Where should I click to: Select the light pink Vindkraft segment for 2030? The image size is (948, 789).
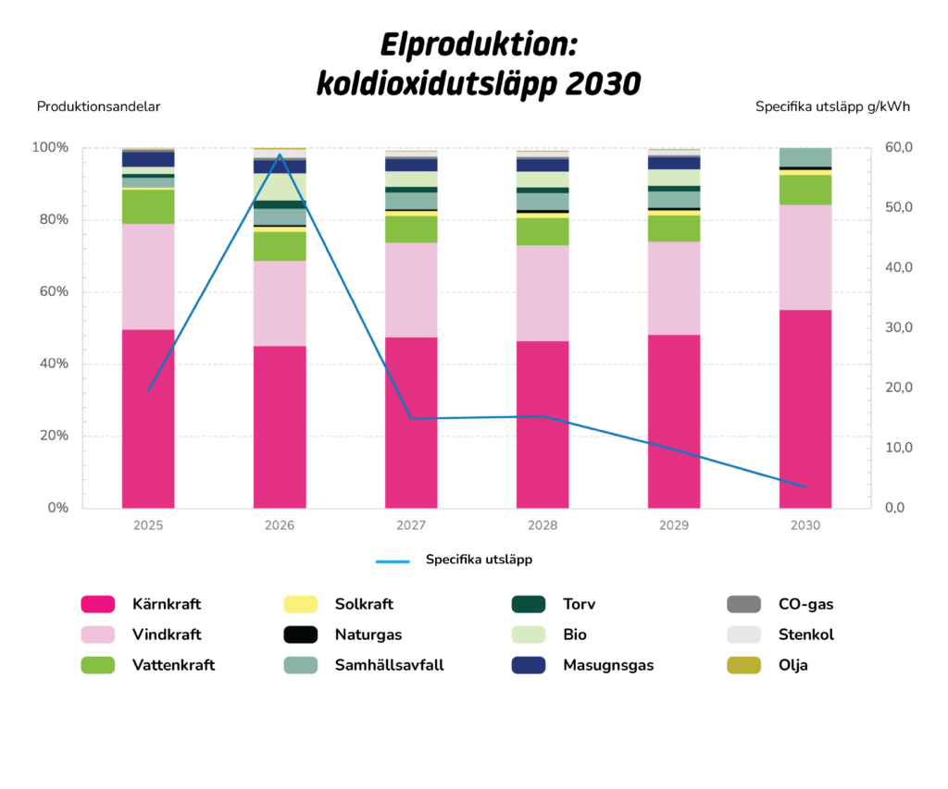click(x=805, y=257)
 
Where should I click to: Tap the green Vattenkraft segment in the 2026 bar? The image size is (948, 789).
click(x=280, y=246)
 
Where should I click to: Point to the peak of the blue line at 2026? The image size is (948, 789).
click(x=280, y=154)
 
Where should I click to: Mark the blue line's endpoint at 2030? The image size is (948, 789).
click(x=805, y=487)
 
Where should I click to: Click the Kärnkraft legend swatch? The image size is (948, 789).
click(x=97, y=604)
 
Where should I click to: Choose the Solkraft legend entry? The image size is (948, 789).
click(x=363, y=604)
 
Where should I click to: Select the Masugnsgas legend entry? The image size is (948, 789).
click(x=607, y=665)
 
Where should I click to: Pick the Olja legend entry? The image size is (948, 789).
click(x=792, y=665)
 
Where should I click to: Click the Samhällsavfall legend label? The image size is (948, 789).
click(x=389, y=665)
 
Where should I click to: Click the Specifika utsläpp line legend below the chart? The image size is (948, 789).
click(x=454, y=560)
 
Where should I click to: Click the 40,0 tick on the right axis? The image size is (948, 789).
click(x=894, y=267)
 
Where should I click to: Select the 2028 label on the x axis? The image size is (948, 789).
click(x=543, y=525)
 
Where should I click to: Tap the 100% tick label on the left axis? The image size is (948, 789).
click(x=49, y=148)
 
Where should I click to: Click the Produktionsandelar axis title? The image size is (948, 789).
click(x=98, y=106)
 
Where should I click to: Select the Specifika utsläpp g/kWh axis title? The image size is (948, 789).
click(x=832, y=106)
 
